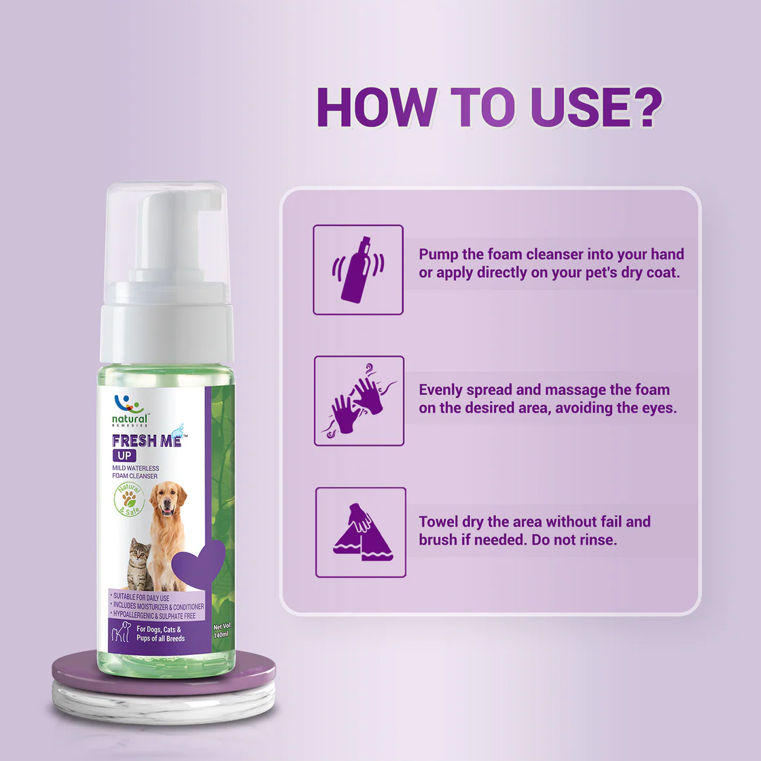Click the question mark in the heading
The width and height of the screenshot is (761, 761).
(x=643, y=107)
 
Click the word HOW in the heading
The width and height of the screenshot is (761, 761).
(x=376, y=107)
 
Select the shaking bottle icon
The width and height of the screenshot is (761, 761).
(x=358, y=270)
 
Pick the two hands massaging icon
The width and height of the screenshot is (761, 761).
(x=359, y=400)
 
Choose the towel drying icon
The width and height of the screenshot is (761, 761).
(x=361, y=533)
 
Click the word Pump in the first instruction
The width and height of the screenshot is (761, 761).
(x=438, y=255)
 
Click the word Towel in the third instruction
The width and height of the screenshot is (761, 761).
(x=438, y=522)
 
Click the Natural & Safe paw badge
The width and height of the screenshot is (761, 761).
(x=129, y=499)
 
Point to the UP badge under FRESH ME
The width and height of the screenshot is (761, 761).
(x=124, y=456)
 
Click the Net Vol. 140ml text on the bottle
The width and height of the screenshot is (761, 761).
(x=222, y=631)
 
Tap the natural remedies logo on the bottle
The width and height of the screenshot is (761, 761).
(x=129, y=411)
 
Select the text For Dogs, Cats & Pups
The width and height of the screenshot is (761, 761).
(x=160, y=634)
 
